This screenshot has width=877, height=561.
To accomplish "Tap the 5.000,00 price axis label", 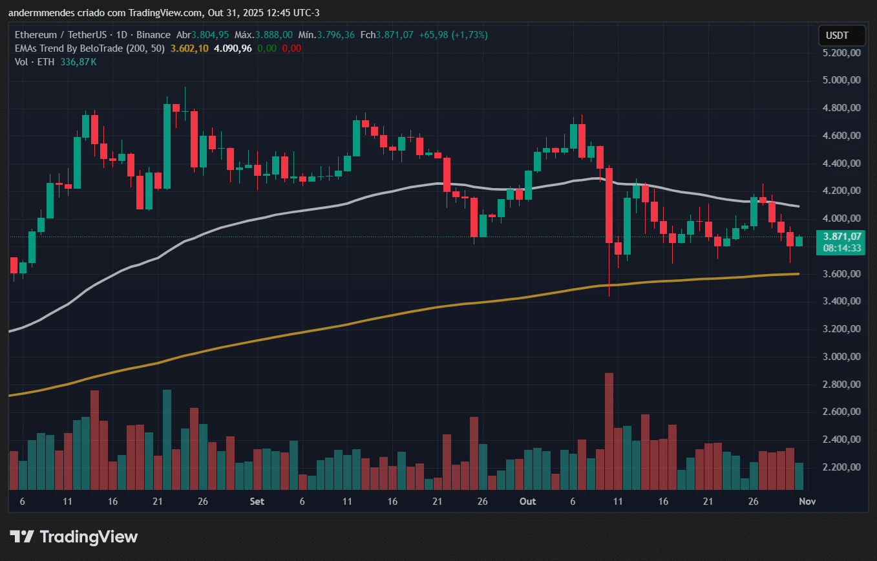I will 842,80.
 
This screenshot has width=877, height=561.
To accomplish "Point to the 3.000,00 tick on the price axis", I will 842,357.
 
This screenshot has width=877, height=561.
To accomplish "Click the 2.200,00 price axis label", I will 842,467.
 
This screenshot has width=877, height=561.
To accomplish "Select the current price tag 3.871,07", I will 842,237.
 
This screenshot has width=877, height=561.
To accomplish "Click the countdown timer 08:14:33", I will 842,248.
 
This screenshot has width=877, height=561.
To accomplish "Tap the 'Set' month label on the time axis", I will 257,502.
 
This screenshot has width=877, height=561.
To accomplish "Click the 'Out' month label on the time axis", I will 528,502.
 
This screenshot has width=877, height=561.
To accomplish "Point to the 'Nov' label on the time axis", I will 807,502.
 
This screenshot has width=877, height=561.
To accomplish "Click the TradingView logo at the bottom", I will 74,536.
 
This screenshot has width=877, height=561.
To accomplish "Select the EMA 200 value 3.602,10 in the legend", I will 189,48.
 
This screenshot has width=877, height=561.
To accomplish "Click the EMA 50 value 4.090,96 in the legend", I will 232,48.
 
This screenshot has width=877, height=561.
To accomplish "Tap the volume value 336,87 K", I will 78,62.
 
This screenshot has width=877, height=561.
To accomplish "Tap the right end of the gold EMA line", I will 798,274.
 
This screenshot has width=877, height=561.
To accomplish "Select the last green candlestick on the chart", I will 799,241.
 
